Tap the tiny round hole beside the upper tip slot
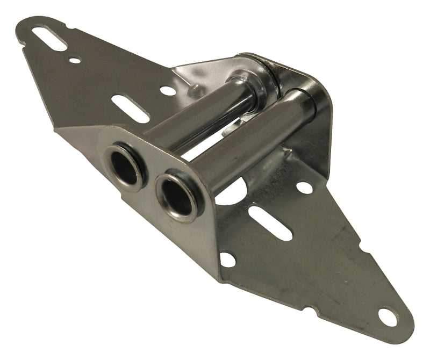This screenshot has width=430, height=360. pos(75,60)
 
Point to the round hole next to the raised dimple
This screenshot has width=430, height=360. pos(168,90)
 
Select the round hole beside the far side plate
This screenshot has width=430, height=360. pos(304,188)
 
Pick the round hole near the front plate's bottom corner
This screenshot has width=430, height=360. pos(228,260)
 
